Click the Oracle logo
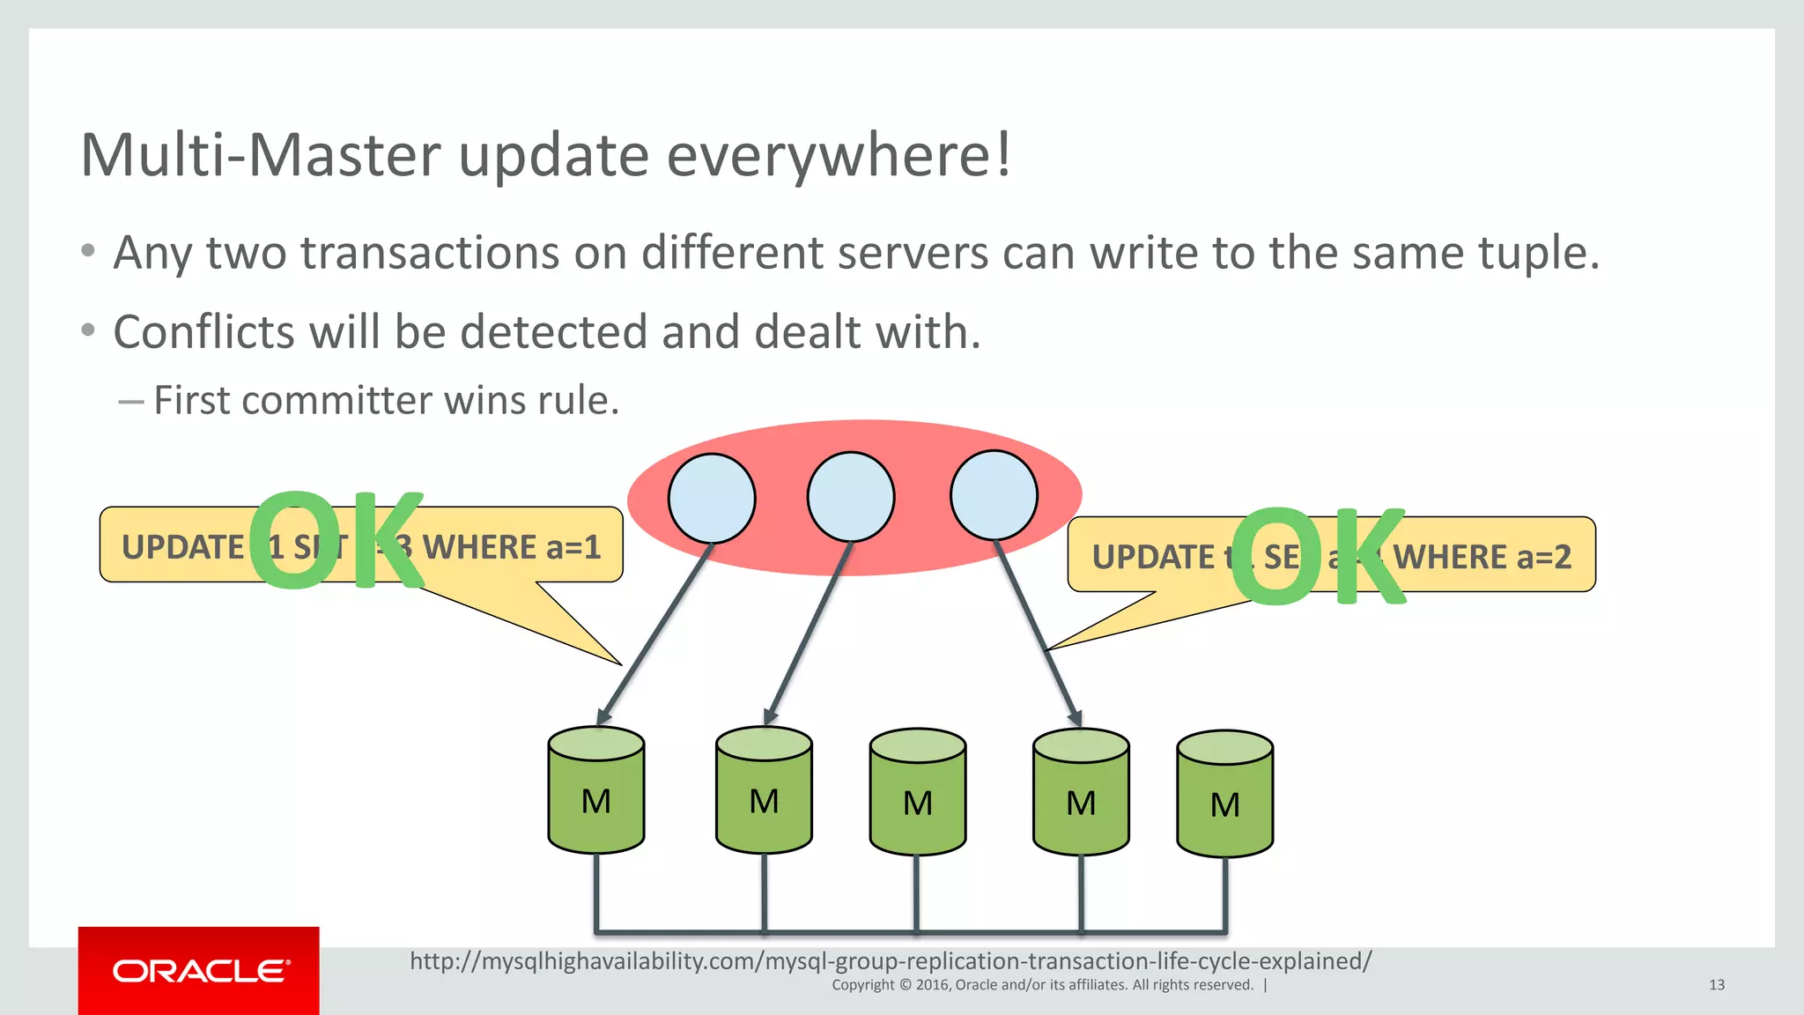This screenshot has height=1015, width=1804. point(199,971)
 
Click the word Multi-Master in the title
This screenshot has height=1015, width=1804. point(261,156)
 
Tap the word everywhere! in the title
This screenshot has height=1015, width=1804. point(838,156)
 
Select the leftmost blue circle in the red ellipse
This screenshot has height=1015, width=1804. point(712,498)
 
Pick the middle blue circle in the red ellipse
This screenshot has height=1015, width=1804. point(851,497)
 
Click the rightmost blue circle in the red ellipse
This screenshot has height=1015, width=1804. point(994,495)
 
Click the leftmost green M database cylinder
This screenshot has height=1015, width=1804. point(596,790)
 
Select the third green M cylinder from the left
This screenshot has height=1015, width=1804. point(918,792)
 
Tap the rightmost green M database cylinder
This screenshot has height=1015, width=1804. point(1225,794)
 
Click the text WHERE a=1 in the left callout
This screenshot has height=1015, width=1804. point(512,547)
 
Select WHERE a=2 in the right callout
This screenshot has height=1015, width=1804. point(1482,557)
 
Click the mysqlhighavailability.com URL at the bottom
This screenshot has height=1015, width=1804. point(891,960)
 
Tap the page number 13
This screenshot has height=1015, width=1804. point(1716,985)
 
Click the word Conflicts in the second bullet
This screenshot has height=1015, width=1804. point(203,333)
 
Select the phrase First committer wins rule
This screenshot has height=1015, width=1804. point(387,401)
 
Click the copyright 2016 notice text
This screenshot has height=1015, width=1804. point(1042,985)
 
